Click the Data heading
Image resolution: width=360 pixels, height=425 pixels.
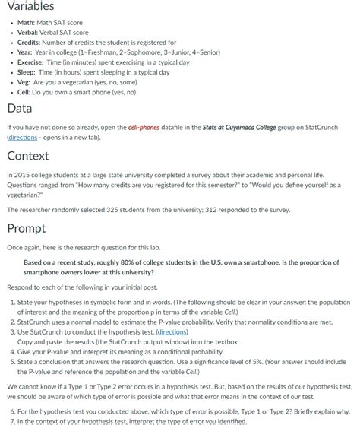[x=19, y=108]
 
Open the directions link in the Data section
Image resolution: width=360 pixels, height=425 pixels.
[x=23, y=138]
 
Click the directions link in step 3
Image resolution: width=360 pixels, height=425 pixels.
[x=173, y=332]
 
